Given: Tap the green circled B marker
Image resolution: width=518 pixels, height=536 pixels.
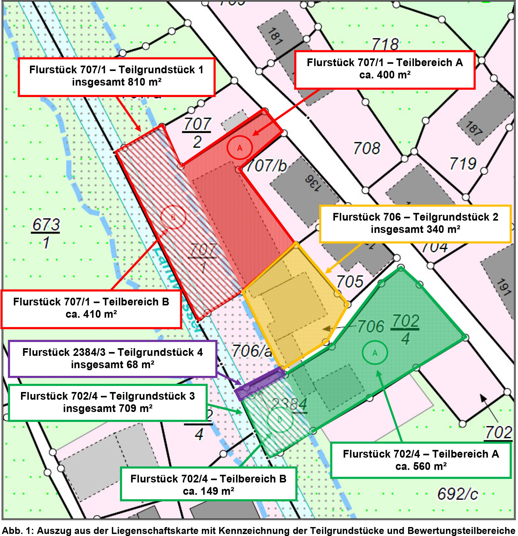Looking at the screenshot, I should pos(280,420).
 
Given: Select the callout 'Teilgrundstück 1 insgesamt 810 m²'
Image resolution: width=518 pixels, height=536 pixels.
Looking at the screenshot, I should pos(117,77).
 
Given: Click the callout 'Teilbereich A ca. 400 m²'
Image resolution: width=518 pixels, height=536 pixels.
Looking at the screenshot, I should pos(385,69).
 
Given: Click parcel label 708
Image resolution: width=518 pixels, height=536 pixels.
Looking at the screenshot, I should pos(367,148).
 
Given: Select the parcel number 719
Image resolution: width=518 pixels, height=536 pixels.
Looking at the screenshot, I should pos(463,163).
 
